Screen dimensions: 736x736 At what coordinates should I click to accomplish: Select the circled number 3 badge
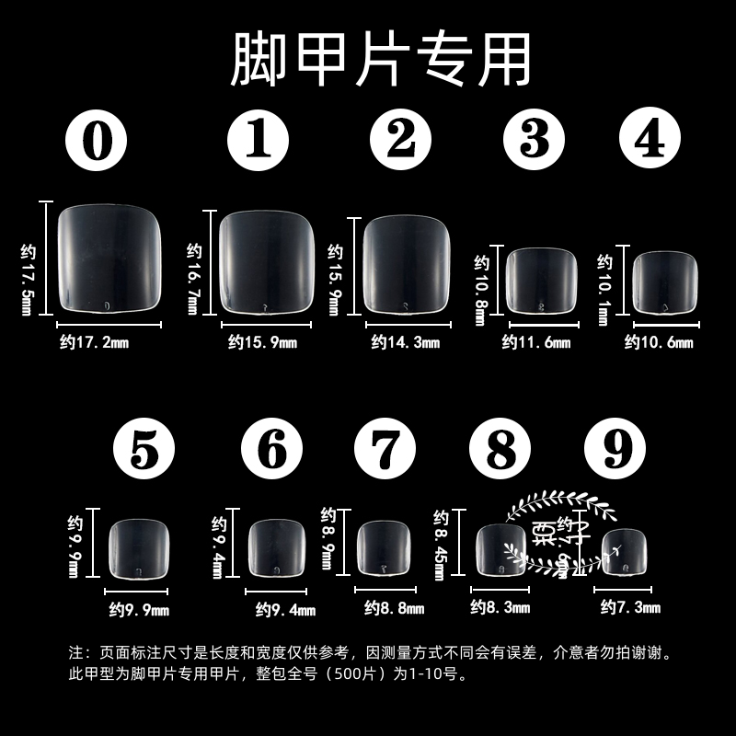[x=534, y=140]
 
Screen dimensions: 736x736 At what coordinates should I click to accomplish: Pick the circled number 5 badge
[x=144, y=450]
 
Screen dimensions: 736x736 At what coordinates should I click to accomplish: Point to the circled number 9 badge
[x=615, y=450]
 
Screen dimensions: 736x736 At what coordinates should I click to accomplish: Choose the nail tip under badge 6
[x=277, y=549]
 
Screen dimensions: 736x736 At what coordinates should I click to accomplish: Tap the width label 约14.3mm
[x=406, y=343]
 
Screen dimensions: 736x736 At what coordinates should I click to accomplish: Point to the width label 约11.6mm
[x=536, y=343]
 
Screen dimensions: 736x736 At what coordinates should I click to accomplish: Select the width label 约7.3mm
[x=630, y=607]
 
